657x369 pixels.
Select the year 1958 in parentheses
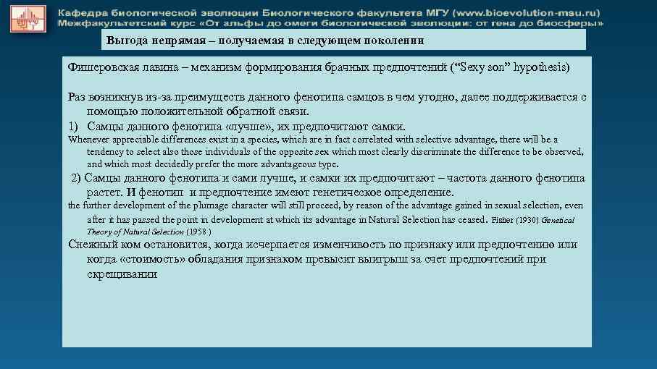pyautogui.click(x=199, y=232)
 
